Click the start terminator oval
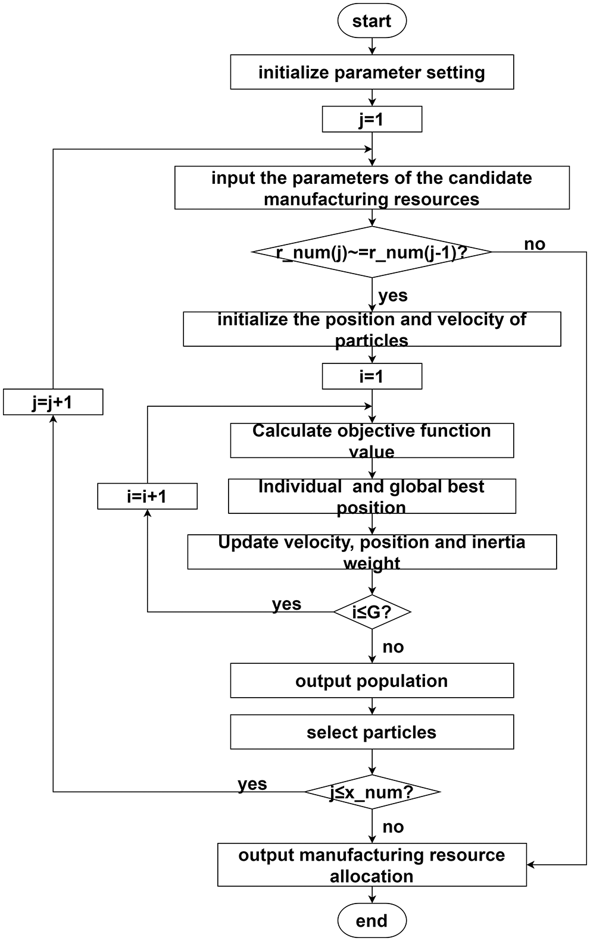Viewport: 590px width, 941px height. coord(372,21)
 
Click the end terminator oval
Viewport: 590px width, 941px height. coord(372,921)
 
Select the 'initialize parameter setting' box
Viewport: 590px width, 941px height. coord(372,73)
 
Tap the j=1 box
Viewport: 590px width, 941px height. coord(372,120)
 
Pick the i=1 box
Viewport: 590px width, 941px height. coord(372,377)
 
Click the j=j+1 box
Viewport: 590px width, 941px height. coord(53,402)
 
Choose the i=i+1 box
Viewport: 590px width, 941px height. coord(147,496)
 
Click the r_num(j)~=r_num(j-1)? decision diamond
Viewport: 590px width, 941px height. coord(372,252)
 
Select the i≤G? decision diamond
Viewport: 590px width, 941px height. coord(372,611)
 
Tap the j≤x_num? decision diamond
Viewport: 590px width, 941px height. coord(372,792)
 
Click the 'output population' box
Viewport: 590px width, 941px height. coord(372,680)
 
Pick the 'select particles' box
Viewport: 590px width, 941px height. coord(372,732)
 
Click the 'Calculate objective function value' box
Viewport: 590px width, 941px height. coord(372,441)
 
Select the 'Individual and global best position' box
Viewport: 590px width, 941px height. coord(372,497)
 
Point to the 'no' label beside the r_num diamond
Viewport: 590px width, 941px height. coord(534,244)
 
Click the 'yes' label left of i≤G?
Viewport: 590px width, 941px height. coord(286,604)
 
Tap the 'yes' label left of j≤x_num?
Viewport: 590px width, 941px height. coord(252,784)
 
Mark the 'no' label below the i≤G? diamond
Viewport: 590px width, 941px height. coord(393,647)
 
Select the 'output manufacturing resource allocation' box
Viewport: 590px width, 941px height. coord(372,865)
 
